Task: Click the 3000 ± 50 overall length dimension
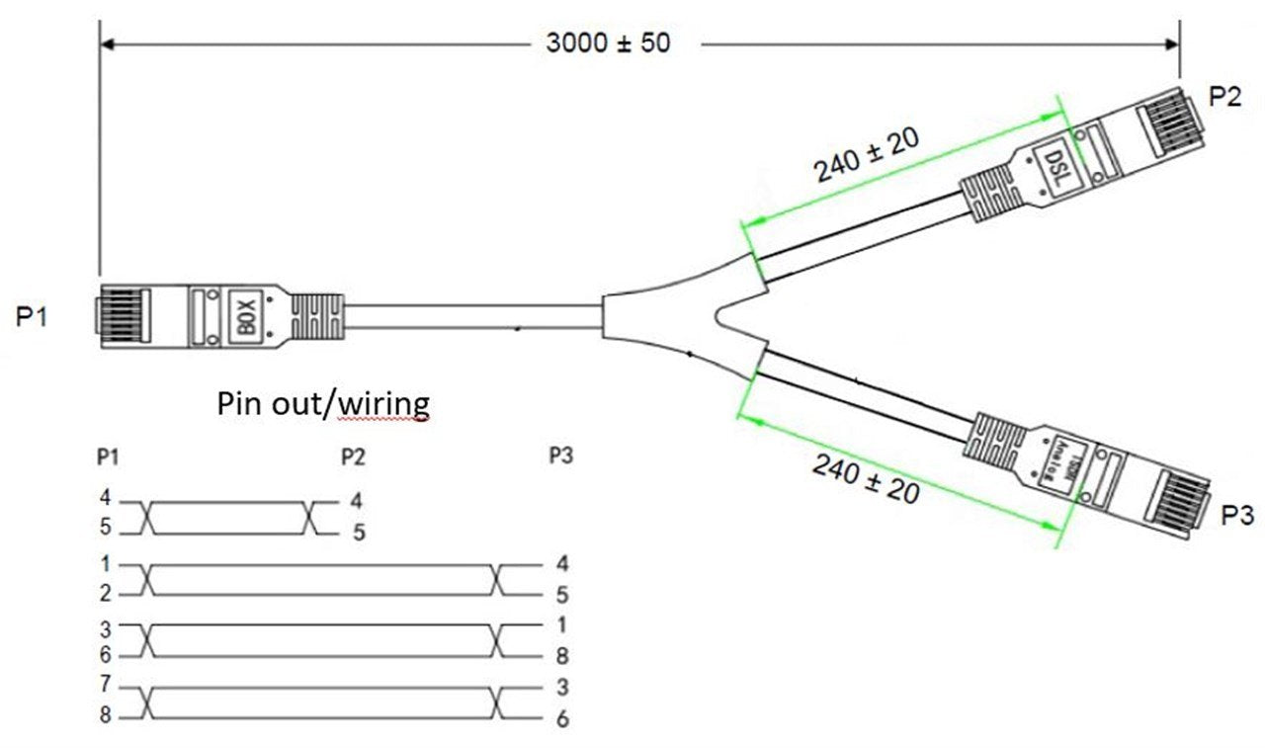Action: pos(607,43)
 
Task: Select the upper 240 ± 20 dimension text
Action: pos(867,155)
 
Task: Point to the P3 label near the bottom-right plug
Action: pos(1236,516)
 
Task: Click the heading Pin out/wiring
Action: pos(323,403)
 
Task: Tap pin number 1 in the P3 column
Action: pos(561,625)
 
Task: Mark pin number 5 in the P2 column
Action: pos(359,533)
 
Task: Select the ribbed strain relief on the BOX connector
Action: pos(318,317)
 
